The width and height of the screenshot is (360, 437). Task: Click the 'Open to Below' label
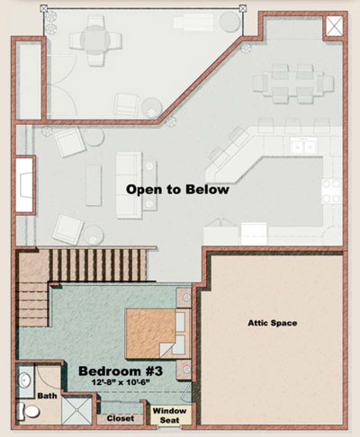pyautogui.click(x=177, y=190)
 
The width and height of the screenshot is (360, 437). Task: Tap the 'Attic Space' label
pyautogui.click(x=273, y=323)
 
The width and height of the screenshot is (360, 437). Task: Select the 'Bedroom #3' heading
pyautogui.click(x=121, y=371)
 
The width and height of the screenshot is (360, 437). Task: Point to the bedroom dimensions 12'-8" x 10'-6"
pyautogui.click(x=121, y=382)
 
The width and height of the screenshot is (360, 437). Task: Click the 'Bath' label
pyautogui.click(x=47, y=396)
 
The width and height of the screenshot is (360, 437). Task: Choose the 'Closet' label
pyautogui.click(x=121, y=418)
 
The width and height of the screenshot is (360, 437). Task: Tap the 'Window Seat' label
pyautogui.click(x=169, y=415)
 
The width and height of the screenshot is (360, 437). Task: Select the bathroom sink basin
pyautogui.click(x=24, y=380)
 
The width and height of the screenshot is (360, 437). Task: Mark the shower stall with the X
pyautogui.click(x=76, y=411)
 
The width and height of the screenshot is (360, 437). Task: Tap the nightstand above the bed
pyautogui.click(x=184, y=298)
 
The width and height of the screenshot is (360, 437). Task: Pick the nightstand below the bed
pyautogui.click(x=184, y=370)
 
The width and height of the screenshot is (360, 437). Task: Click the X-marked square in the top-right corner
pyautogui.click(x=334, y=26)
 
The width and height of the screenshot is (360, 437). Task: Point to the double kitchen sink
pyautogui.click(x=304, y=147)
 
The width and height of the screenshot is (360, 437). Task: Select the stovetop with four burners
pyautogui.click(x=332, y=191)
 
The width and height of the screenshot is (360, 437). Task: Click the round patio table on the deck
pyautogui.click(x=94, y=40)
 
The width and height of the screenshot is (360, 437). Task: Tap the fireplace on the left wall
pyautogui.click(x=24, y=184)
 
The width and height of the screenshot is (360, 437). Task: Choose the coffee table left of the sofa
pyautogui.click(x=94, y=185)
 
